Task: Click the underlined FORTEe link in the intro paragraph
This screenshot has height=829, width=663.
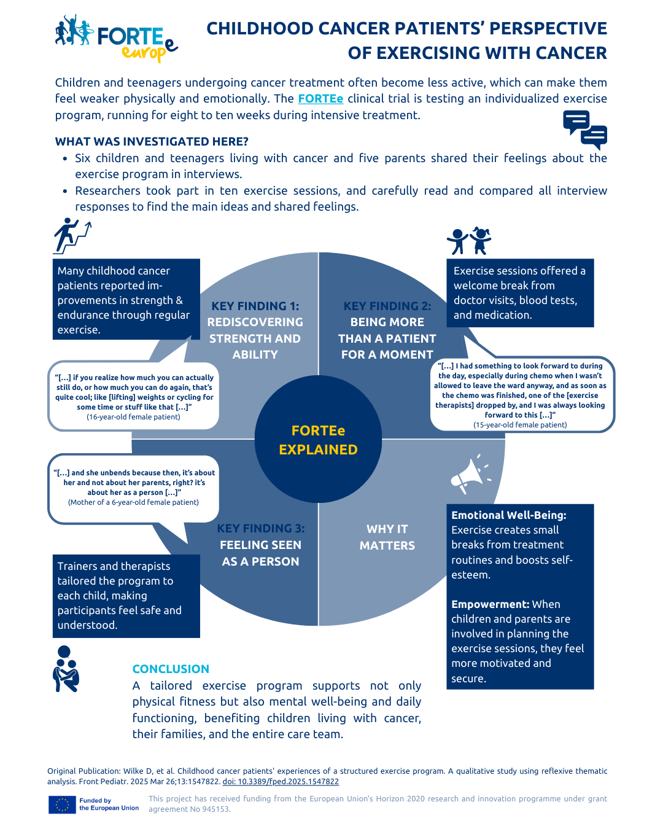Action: (x=320, y=99)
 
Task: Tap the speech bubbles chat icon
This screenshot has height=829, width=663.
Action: (x=584, y=130)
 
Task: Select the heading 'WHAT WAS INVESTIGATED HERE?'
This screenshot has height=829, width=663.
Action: (x=152, y=141)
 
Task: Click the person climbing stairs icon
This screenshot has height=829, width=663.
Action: (x=72, y=236)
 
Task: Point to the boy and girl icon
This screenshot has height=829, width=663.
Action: (x=468, y=240)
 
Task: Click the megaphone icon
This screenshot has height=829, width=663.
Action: (x=471, y=474)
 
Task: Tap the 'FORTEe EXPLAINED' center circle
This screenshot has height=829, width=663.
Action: (x=318, y=439)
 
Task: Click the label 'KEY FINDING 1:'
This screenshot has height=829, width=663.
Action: (x=255, y=306)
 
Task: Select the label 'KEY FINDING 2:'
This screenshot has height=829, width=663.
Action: (x=387, y=306)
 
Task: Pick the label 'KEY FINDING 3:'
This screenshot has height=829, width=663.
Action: (x=260, y=528)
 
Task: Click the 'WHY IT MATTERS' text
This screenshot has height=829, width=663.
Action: (x=387, y=537)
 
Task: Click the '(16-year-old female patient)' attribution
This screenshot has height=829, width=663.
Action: (x=133, y=417)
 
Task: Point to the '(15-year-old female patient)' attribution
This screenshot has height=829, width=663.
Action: (x=520, y=424)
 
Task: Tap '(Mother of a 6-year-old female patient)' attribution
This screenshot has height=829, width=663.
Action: (x=133, y=502)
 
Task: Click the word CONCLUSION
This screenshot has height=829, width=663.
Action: (x=171, y=669)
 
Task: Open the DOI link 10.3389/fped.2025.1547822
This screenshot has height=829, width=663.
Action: (x=281, y=781)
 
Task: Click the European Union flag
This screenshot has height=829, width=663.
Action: (x=61, y=805)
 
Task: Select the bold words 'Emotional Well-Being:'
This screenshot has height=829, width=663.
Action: (x=508, y=515)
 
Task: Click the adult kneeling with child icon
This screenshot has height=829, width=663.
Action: (x=66, y=669)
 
